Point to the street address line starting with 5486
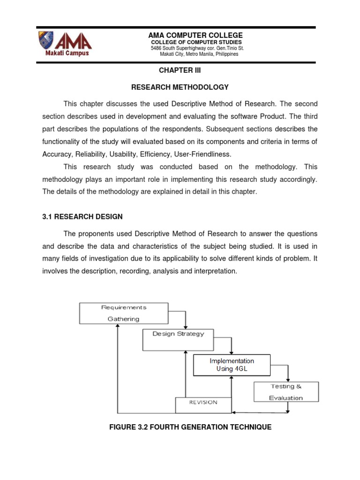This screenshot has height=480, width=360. pos(197,48)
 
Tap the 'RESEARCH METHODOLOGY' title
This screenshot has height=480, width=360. pos(180,87)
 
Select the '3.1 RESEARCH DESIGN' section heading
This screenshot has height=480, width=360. pos(82,217)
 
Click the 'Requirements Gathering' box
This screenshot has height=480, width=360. pos(124,313)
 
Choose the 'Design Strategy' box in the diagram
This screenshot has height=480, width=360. pos(179,339)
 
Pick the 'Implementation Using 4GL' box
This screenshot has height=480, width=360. pos(232,365)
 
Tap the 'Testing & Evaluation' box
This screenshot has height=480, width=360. pos(286,391)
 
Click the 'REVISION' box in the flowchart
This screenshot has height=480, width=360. pos(203,403)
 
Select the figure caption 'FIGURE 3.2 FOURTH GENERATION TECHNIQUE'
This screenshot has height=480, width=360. pos(180,427)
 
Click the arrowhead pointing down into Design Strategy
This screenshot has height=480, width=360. pos(186,326)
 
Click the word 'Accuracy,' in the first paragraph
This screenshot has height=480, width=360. pos(59,155)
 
